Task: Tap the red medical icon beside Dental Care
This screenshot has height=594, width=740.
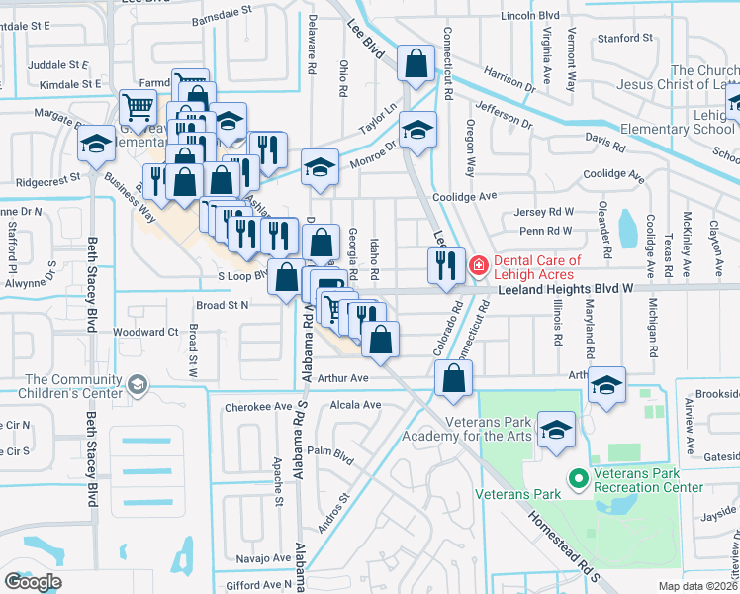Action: click(x=478, y=264)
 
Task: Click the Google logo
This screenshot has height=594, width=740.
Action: click(x=34, y=582)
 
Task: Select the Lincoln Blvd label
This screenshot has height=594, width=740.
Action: click(x=530, y=16)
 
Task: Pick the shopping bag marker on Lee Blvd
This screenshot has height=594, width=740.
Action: click(x=416, y=63)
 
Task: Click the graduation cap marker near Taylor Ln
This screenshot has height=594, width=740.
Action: click(x=417, y=130)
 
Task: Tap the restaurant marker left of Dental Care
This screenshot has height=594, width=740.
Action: click(x=445, y=264)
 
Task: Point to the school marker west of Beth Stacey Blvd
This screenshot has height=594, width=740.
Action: click(x=96, y=145)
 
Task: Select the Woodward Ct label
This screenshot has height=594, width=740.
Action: click(x=144, y=332)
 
